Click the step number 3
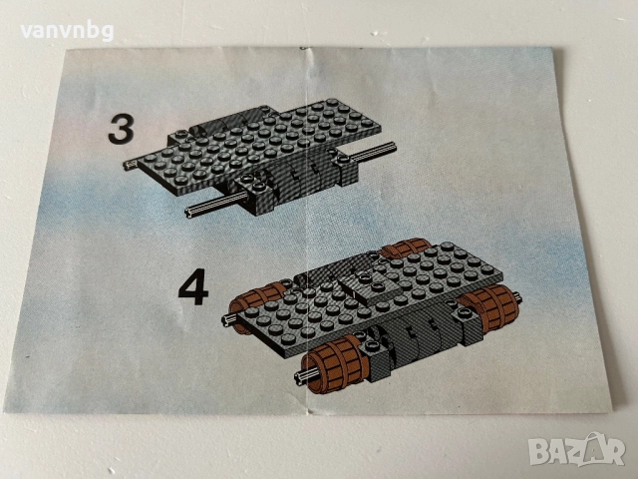(x=121, y=130)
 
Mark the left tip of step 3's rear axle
(x=127, y=165)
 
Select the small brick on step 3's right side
(x=345, y=160)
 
